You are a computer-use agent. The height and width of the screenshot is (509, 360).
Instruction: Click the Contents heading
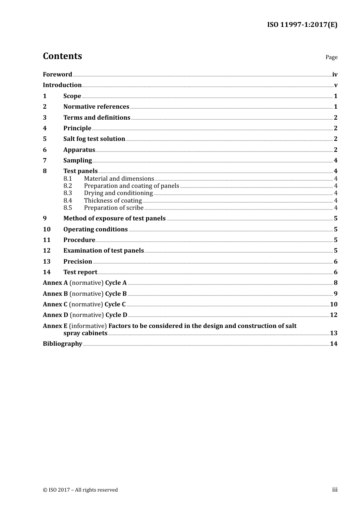62,56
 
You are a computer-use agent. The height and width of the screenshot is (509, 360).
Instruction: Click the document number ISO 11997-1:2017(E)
302,25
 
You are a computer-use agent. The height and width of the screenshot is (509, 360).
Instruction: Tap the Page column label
331,57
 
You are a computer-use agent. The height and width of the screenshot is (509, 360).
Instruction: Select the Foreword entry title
57,74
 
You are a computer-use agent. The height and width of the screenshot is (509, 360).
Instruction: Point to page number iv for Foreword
335,74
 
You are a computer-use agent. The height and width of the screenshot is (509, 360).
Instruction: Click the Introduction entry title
62,85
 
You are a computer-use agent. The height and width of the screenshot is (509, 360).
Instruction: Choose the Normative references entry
96,106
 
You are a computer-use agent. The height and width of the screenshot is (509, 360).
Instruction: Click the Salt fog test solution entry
94,139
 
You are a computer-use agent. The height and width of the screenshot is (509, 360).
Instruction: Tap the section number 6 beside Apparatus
45,150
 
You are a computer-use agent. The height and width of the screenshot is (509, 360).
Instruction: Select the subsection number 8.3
67,193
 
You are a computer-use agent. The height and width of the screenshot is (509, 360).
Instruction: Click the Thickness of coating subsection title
113,200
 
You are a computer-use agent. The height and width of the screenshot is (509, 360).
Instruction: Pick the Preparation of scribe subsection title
114,208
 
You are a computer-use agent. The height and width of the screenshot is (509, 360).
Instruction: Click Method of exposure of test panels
114,218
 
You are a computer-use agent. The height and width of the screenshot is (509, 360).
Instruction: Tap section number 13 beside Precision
47,261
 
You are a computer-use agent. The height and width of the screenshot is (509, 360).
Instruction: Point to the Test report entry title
80,272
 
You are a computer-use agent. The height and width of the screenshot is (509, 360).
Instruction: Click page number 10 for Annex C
333,304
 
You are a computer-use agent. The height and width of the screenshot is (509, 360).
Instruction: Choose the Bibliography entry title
63,343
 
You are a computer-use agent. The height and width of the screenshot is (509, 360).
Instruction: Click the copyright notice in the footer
80,490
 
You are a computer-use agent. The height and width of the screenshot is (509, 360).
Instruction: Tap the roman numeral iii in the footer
335,489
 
